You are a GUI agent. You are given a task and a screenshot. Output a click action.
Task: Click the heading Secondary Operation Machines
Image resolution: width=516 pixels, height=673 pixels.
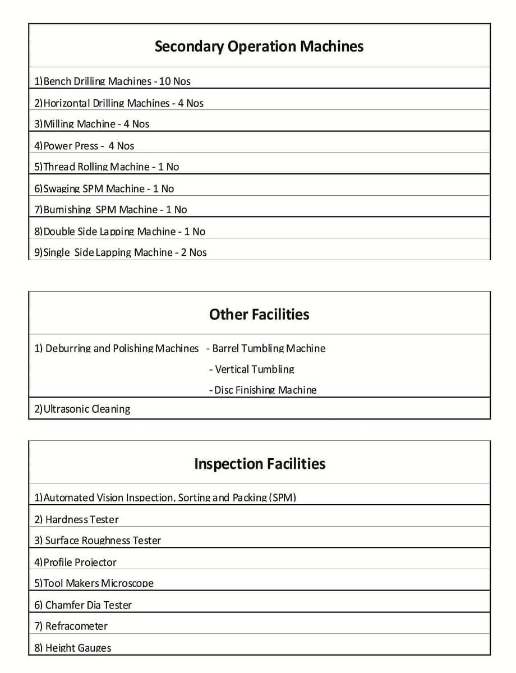(x=259, y=46)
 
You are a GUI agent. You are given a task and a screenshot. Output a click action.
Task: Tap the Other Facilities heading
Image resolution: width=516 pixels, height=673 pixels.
(x=259, y=314)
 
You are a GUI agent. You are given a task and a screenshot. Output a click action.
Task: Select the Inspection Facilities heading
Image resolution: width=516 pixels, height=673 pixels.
(x=259, y=464)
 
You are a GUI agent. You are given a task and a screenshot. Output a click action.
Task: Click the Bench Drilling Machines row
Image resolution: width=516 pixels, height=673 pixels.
(x=112, y=81)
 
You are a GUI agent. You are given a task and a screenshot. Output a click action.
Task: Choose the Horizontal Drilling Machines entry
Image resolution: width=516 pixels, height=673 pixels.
(x=119, y=103)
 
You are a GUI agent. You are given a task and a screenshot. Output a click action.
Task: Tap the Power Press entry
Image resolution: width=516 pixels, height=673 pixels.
(x=84, y=146)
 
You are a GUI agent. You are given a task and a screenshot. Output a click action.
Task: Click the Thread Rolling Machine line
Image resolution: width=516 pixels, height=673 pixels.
(x=107, y=167)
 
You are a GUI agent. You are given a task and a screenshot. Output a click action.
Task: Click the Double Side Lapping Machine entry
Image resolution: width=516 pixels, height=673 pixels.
(x=119, y=232)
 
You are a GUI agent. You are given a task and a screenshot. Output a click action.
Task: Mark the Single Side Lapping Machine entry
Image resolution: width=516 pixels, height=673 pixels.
(x=120, y=252)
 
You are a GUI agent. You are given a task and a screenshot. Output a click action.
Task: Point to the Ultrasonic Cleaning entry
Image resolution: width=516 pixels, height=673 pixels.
(x=82, y=409)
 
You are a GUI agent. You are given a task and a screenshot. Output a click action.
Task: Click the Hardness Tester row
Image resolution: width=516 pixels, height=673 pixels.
(x=76, y=519)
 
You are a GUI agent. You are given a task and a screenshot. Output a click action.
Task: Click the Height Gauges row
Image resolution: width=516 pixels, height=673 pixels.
(x=73, y=648)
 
